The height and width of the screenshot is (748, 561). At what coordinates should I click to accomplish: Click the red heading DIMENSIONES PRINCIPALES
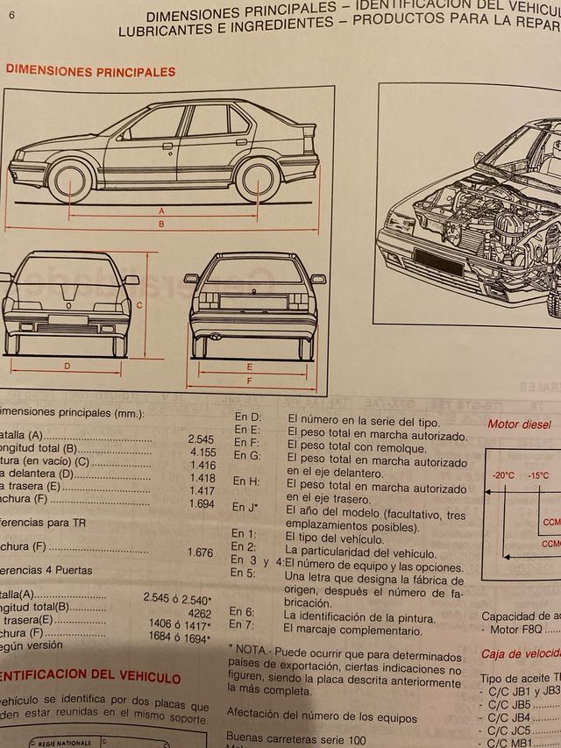click(90, 72)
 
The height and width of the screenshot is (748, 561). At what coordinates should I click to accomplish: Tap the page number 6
click(11, 15)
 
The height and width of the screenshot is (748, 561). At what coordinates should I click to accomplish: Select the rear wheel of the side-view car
click(257, 179)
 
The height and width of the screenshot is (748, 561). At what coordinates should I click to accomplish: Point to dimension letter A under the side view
click(161, 211)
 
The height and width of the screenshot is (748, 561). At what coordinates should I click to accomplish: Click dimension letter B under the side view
click(161, 224)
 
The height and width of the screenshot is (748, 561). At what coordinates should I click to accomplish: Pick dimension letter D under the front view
click(67, 365)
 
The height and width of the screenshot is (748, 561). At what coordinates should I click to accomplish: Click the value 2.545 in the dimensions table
click(201, 438)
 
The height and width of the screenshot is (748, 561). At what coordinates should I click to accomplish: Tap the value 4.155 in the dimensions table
click(201, 451)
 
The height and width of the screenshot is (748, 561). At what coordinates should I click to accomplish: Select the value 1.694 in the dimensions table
click(201, 505)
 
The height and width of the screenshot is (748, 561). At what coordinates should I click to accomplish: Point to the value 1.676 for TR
click(201, 552)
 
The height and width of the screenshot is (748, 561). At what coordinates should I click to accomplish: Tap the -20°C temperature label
click(503, 475)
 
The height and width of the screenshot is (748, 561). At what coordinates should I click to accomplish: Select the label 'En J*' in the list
click(244, 507)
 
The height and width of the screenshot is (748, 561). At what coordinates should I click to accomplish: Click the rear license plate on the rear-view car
click(252, 302)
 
